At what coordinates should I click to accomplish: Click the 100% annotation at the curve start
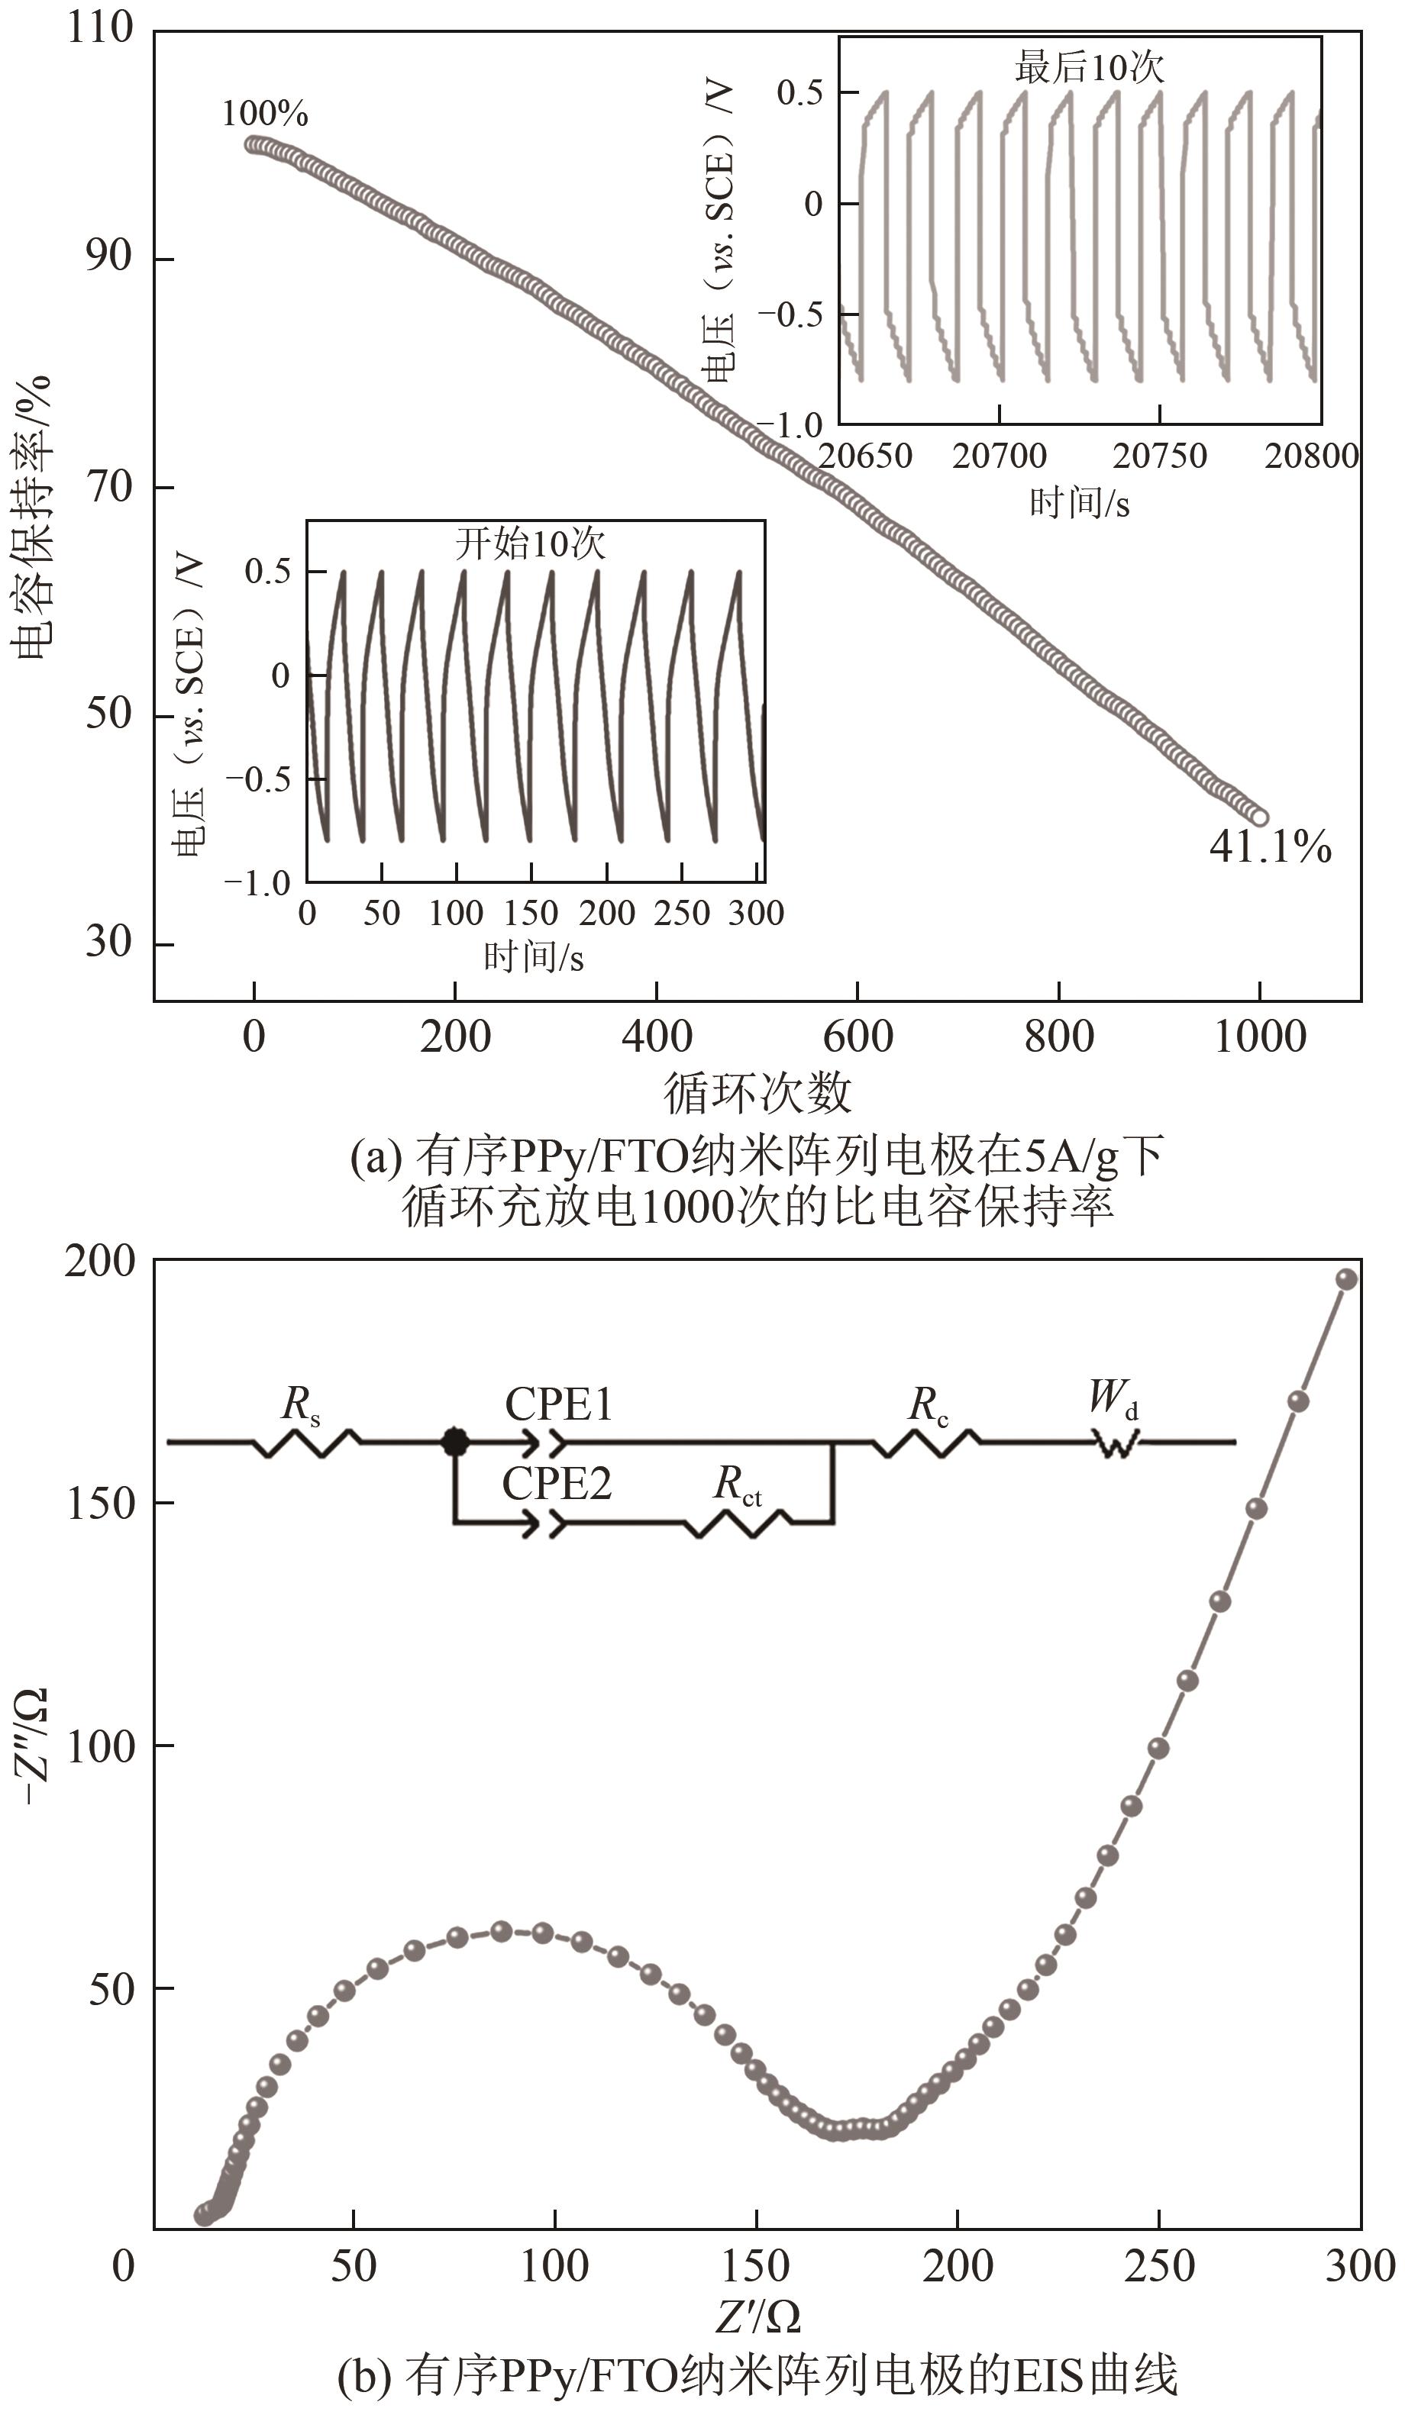pyautogui.click(x=265, y=114)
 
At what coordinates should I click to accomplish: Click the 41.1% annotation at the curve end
pyautogui.click(x=1270, y=847)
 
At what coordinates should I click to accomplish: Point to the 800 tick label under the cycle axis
pyautogui.click(x=1058, y=1037)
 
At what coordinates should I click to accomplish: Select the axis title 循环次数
pyautogui.click(x=757, y=1092)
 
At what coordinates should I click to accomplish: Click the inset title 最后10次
pyautogui.click(x=1090, y=67)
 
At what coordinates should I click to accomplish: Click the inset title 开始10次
pyautogui.click(x=530, y=544)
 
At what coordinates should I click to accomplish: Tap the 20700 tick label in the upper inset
pyautogui.click(x=999, y=456)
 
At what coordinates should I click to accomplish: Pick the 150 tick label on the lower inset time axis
pyautogui.click(x=531, y=913)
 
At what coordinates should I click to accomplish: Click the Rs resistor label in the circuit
pyautogui.click(x=300, y=1404)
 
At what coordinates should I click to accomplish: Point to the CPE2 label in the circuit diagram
pyautogui.click(x=556, y=1485)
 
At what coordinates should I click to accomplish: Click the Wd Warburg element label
pyautogui.click(x=1113, y=1399)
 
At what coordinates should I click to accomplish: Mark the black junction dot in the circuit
pyautogui.click(x=455, y=1441)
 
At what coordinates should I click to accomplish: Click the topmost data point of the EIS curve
pyautogui.click(x=1346, y=1279)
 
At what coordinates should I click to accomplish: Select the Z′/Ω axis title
pyautogui.click(x=757, y=2318)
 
